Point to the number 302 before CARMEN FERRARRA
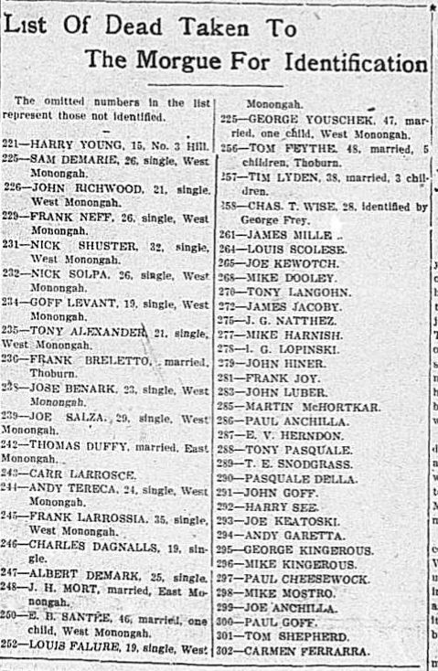(x=230, y=651)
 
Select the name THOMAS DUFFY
(x=75, y=444)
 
